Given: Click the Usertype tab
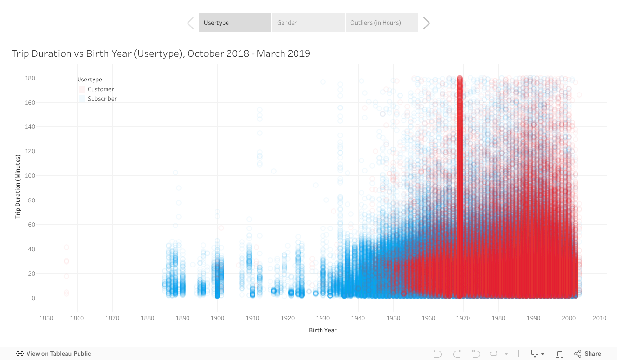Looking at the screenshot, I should click(x=235, y=23).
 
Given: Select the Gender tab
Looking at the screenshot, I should click(x=308, y=23).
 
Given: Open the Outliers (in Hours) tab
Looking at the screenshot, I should click(x=381, y=23).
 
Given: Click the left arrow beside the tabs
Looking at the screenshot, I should click(x=190, y=23).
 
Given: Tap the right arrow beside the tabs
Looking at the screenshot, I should click(x=426, y=23).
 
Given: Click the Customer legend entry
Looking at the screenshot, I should click(x=101, y=89).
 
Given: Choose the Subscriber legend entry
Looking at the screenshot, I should click(x=102, y=99).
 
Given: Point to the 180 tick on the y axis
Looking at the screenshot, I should click(x=30, y=78).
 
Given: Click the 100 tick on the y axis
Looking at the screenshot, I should click(x=30, y=176).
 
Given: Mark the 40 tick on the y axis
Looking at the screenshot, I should click(x=31, y=249).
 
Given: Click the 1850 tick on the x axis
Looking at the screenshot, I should click(x=46, y=318).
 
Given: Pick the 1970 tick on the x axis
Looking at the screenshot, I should click(x=464, y=318).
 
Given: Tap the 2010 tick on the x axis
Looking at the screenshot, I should click(x=600, y=318).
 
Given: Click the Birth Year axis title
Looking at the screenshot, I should click(x=323, y=330).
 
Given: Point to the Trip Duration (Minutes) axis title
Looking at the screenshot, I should click(x=18, y=187).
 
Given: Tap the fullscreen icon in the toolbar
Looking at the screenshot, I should click(x=560, y=354).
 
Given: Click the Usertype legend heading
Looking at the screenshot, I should click(x=90, y=80).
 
